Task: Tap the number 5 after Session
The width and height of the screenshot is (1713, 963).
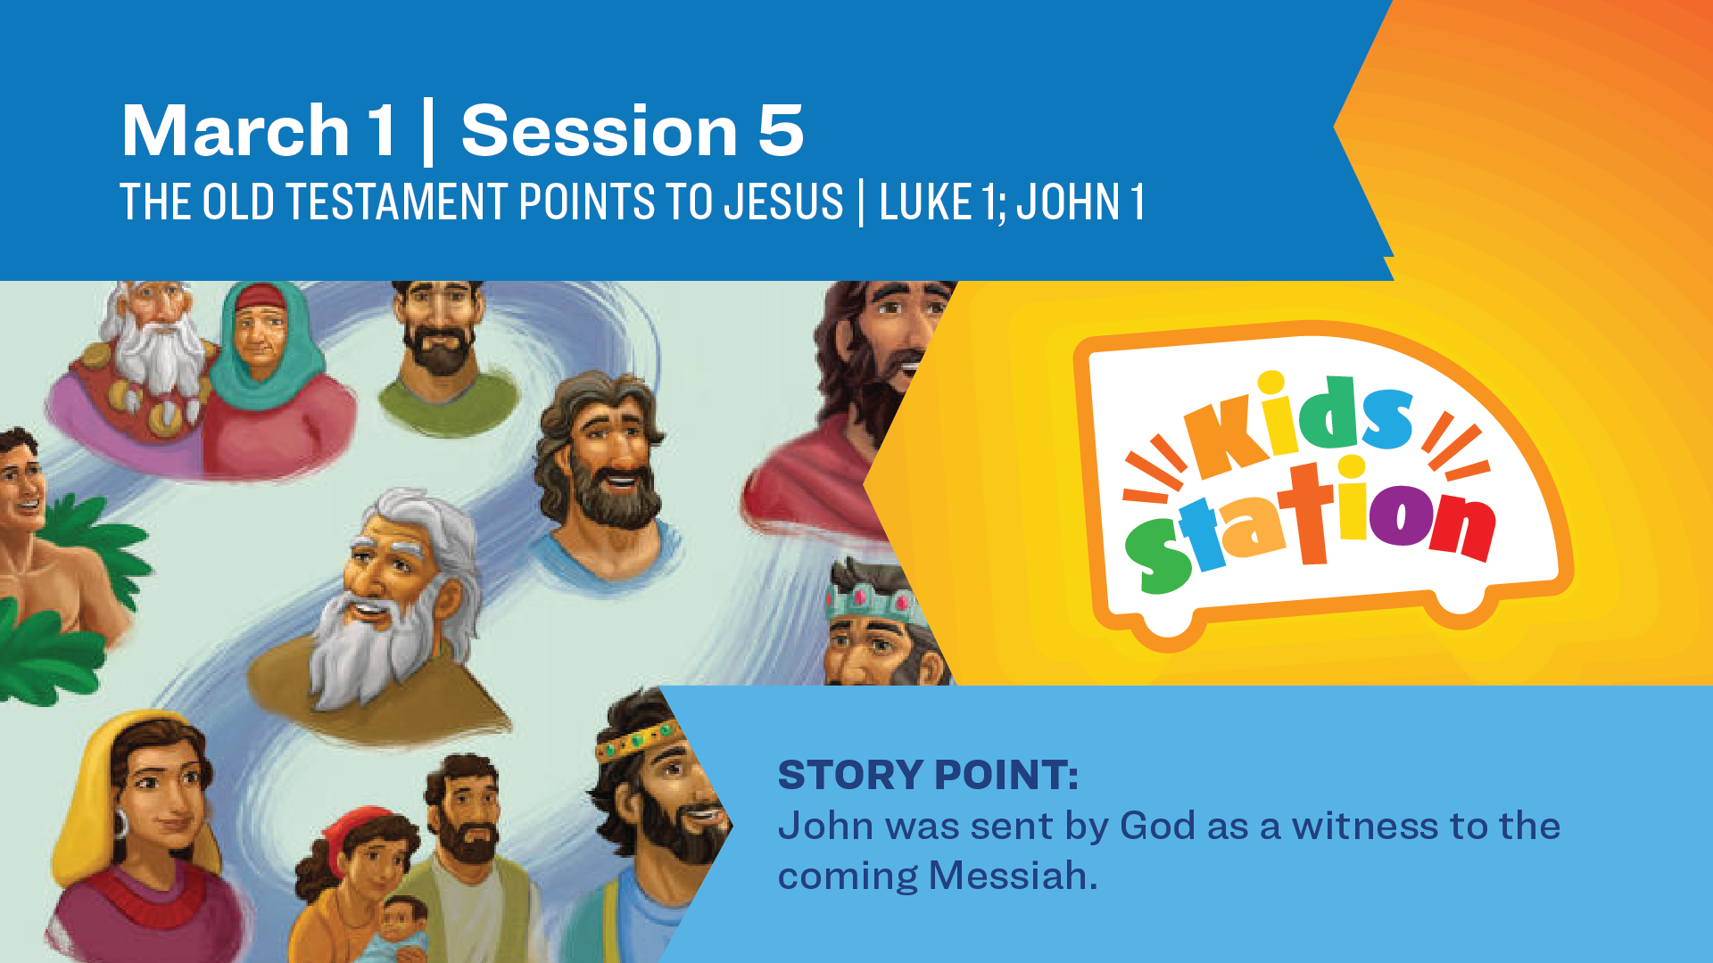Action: pos(782,130)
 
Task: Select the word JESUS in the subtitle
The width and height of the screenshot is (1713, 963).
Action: pos(784,202)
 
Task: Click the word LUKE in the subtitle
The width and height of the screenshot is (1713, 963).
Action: pos(924,202)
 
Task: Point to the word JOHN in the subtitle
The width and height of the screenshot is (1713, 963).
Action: pos(1069,202)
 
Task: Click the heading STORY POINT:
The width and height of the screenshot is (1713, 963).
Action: pos(928,774)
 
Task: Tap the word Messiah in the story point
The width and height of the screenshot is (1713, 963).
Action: pos(1013,875)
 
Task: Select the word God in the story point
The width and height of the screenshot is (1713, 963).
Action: pos(1157,825)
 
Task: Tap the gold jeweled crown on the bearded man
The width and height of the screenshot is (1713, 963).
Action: pos(639,738)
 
